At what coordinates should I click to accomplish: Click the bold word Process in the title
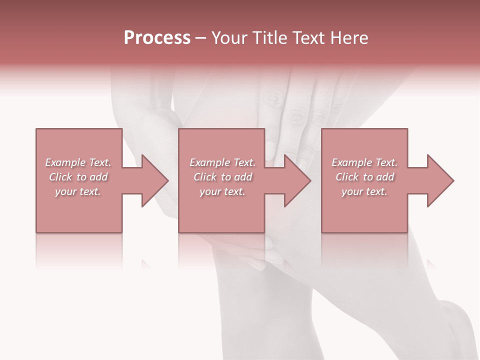click(157, 38)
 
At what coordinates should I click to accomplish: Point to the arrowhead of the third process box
click(439, 180)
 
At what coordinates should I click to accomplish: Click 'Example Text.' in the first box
click(78, 162)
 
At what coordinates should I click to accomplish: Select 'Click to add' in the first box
click(78, 177)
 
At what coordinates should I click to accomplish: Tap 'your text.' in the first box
click(78, 191)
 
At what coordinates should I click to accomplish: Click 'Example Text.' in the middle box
click(222, 162)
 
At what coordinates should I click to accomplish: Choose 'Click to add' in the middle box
click(222, 177)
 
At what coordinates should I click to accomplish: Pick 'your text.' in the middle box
click(222, 191)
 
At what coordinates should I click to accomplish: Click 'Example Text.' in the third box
click(364, 162)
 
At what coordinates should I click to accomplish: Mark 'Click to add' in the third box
click(364, 177)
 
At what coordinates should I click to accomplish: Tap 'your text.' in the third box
click(364, 191)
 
